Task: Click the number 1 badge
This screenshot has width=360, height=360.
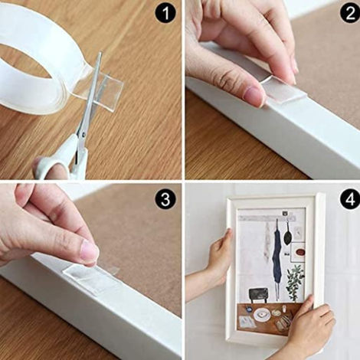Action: (165, 13)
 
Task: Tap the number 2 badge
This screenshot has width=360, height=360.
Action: (350, 13)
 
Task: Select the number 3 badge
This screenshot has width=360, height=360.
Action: (165, 199)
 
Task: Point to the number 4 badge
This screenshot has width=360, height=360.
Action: (350, 199)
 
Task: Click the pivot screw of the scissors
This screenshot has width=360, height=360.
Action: (83, 133)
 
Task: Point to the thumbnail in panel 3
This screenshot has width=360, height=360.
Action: (90, 251)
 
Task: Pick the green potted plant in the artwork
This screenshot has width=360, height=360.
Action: (295, 282)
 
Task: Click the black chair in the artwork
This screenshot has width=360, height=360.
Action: (258, 295)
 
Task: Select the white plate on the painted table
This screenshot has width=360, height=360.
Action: (262, 313)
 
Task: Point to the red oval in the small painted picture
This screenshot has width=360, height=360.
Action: (300, 252)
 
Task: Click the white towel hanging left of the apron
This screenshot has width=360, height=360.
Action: (267, 243)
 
